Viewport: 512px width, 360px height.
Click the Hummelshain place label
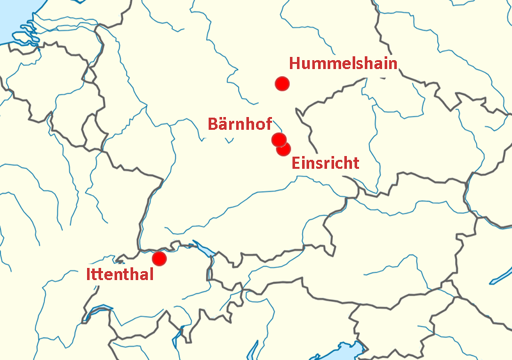343,63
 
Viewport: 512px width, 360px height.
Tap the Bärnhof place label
240,124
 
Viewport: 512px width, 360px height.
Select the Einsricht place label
325,163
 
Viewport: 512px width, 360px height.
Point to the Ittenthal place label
120,275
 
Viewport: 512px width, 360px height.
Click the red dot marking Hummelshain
282,83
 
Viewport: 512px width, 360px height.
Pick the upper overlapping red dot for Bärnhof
278,139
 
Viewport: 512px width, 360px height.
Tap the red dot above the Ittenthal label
159,258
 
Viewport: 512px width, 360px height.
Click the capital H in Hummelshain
295,63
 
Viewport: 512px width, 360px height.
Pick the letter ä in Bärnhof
225,124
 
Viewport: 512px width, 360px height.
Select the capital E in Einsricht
296,163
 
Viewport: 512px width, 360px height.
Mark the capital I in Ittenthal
88,275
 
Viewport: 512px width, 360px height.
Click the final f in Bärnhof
269,124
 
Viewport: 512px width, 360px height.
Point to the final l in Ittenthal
152,275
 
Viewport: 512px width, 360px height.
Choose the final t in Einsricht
356,163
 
